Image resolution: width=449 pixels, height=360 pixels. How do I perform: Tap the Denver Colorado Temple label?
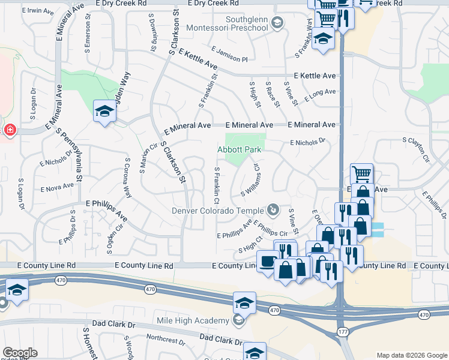click(x=217, y=211)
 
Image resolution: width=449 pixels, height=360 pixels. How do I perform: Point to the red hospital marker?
click(x=10, y=130)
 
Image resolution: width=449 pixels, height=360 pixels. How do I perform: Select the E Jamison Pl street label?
click(x=230, y=55)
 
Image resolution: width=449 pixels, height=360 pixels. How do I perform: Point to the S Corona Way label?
click(x=127, y=178)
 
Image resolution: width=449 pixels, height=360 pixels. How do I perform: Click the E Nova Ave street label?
click(x=56, y=188)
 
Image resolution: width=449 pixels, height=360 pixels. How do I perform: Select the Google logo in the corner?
click(x=19, y=353)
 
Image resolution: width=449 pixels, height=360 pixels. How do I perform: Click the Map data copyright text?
click(x=412, y=356)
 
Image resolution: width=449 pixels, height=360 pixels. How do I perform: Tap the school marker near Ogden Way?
click(x=104, y=112)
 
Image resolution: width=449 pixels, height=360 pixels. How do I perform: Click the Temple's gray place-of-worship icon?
click(x=273, y=209)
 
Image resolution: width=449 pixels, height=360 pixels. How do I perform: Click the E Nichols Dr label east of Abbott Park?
click(x=307, y=143)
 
